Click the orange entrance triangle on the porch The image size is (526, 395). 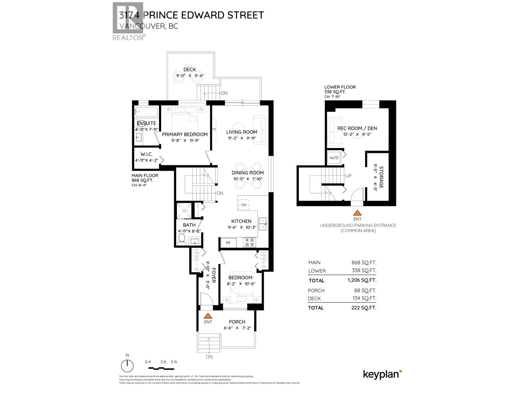pyautogui.click(x=208, y=316)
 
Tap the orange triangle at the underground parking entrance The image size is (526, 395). pyautogui.click(x=357, y=213)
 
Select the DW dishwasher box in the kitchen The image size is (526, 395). pyautogui.click(x=244, y=205)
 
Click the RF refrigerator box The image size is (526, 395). pyautogui.click(x=228, y=243)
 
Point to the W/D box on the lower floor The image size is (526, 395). pyautogui.click(x=334, y=158)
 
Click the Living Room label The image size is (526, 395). pyautogui.click(x=242, y=132)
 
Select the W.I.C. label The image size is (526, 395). pyautogui.click(x=146, y=154)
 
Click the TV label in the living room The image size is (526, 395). pyautogui.click(x=214, y=129)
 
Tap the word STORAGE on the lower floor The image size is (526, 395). pyautogui.click(x=381, y=177)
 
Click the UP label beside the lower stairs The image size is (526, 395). pyautogui.click(x=348, y=176)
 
